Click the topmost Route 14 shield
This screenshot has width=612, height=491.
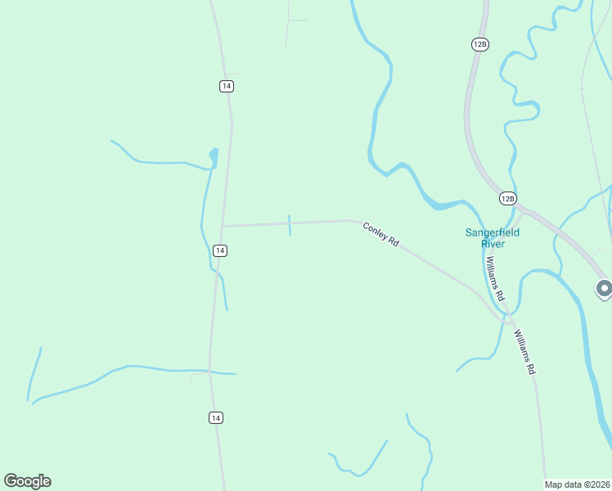(x=227, y=86)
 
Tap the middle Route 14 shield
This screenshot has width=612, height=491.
(x=219, y=250)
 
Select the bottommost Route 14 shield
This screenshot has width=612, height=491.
(x=215, y=418)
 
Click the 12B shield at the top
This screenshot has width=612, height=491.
(x=480, y=44)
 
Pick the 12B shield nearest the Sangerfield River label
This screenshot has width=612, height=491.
(x=507, y=199)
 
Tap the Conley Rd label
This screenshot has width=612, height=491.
(x=380, y=236)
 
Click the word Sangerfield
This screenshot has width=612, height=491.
(x=493, y=232)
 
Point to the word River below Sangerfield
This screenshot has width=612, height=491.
(x=493, y=244)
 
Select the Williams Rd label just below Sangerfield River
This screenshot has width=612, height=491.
(x=495, y=277)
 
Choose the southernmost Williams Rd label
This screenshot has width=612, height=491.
(x=524, y=352)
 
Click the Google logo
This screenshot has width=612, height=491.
(x=27, y=481)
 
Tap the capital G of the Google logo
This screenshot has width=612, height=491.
(x=11, y=481)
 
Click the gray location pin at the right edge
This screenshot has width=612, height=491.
(x=604, y=288)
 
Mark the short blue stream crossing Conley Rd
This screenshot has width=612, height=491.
(x=289, y=225)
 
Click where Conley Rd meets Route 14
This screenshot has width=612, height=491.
(x=223, y=226)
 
